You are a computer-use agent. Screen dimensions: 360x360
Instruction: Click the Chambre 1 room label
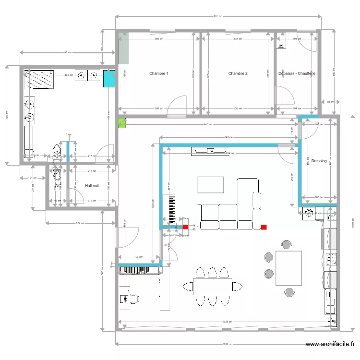(x=158, y=73)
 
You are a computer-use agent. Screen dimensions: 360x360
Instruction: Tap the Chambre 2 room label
(x=238, y=73)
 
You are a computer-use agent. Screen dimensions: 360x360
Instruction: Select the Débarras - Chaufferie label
(x=297, y=73)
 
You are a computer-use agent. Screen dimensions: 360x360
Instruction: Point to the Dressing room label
(x=319, y=161)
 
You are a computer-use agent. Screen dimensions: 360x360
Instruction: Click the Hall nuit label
(x=92, y=185)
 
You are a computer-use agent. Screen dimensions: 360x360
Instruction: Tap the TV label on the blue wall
(x=210, y=152)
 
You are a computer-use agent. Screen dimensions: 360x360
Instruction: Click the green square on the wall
(x=121, y=123)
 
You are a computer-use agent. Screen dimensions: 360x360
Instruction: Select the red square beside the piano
(x=185, y=228)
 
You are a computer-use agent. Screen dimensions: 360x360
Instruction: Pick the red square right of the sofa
(x=263, y=228)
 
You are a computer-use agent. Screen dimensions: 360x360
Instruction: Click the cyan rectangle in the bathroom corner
(x=109, y=79)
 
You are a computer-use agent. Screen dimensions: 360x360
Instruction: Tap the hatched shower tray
(x=40, y=79)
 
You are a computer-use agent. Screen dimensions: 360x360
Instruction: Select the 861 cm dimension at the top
(x=217, y=17)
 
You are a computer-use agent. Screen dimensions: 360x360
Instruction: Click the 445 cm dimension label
(x=67, y=52)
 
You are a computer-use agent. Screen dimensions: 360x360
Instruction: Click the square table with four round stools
(x=288, y=268)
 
